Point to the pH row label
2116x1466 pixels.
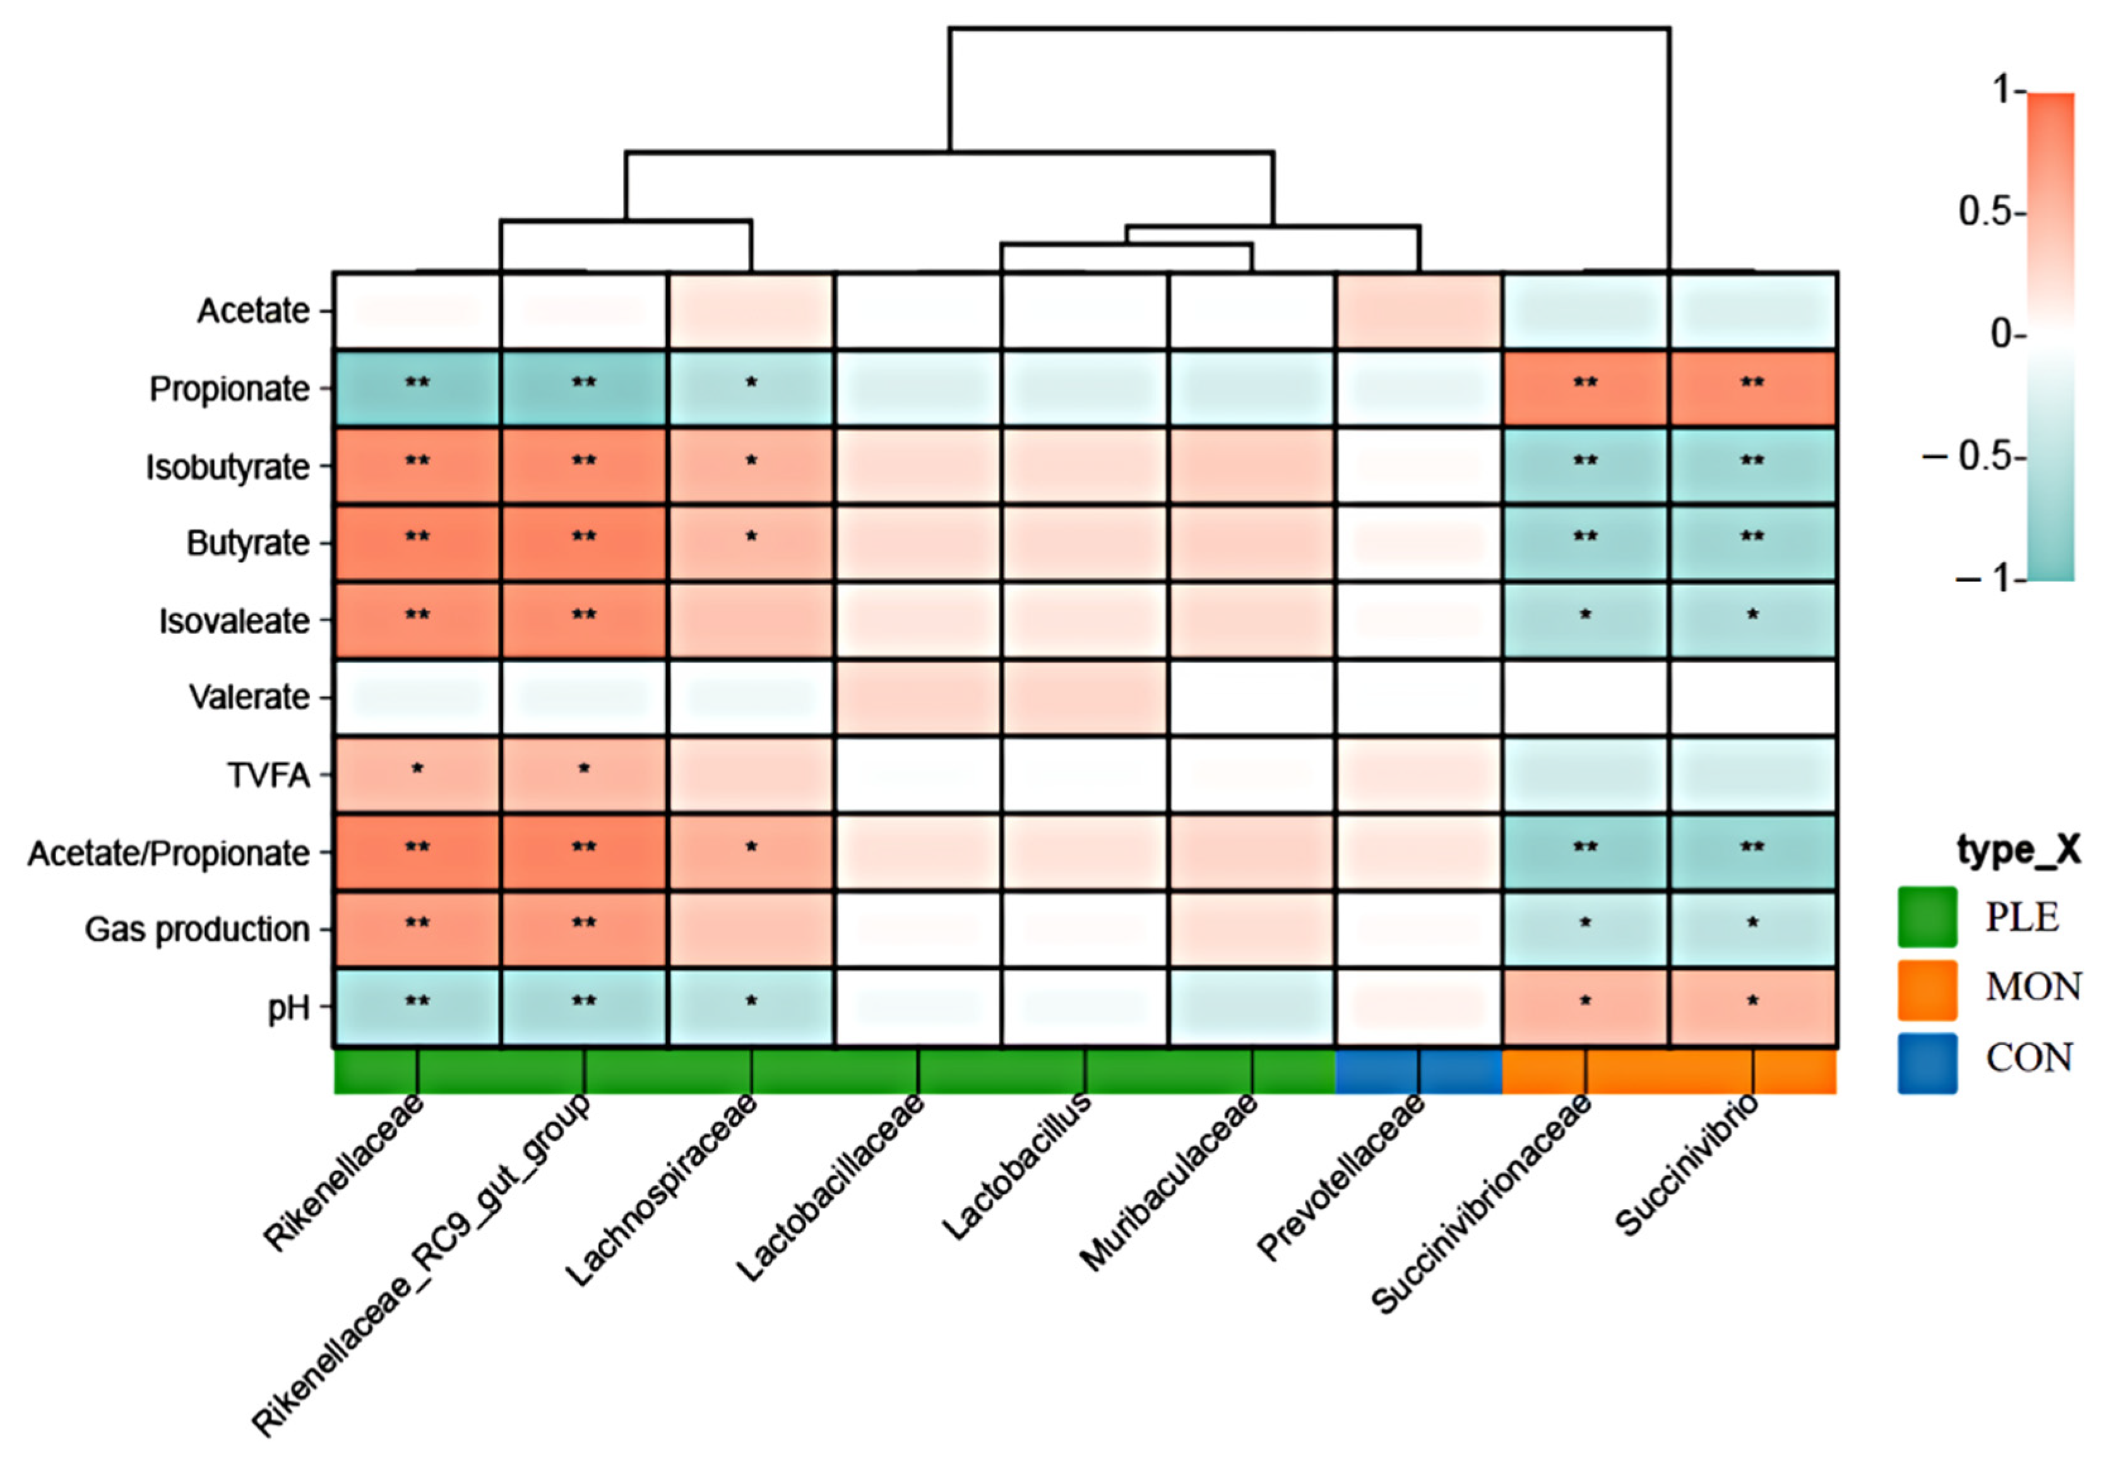tap(288, 1008)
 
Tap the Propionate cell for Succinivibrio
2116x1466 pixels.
tap(1752, 388)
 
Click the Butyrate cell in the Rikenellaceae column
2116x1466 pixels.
tap(417, 543)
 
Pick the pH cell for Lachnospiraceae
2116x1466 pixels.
tap(751, 1008)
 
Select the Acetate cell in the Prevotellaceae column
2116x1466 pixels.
tap(1419, 311)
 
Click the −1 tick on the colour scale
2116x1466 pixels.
tap(1989, 580)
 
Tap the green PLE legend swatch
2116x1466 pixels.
tap(1927, 916)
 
